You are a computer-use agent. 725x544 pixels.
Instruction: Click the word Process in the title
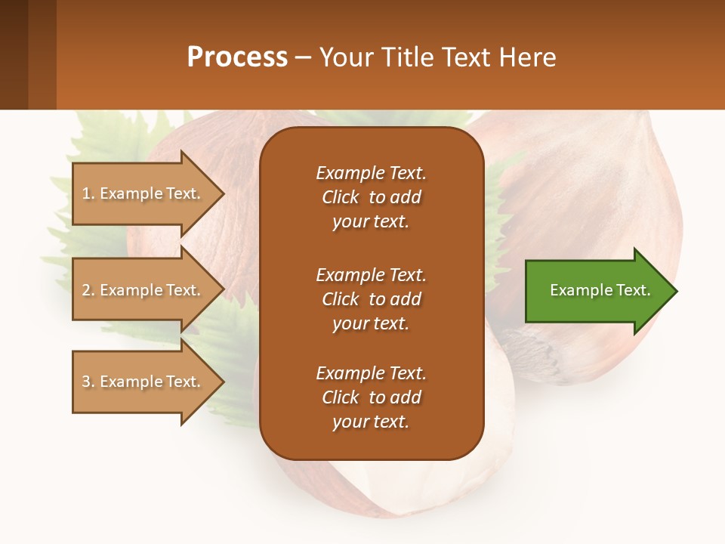[237, 57]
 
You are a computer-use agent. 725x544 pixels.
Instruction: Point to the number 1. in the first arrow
[88, 194]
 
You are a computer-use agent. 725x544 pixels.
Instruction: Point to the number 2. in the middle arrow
[88, 290]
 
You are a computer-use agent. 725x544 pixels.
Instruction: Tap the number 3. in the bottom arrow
[88, 382]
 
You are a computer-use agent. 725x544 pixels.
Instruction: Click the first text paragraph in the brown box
[371, 197]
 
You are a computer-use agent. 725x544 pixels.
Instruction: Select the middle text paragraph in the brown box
[371, 298]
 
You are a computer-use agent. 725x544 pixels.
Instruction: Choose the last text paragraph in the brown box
[371, 397]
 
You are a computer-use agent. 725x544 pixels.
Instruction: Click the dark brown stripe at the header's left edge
[14, 54]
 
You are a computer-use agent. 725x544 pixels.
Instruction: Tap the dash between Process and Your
[304, 58]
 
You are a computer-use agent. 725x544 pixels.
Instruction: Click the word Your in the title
[347, 57]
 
